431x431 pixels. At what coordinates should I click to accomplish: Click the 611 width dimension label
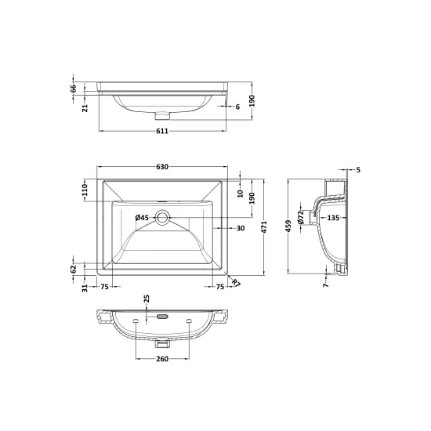click(x=162, y=131)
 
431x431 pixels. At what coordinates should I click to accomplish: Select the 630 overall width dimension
click(x=162, y=167)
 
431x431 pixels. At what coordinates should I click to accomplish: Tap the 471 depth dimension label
click(x=264, y=227)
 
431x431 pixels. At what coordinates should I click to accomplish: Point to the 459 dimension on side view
click(x=288, y=226)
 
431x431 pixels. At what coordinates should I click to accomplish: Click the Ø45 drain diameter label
click(x=142, y=218)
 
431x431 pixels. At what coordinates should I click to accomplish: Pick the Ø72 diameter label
click(x=301, y=217)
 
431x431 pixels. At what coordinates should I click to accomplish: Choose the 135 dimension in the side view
click(x=333, y=218)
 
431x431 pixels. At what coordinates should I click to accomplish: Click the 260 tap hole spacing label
click(x=162, y=359)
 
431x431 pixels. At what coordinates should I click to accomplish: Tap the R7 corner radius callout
click(x=236, y=282)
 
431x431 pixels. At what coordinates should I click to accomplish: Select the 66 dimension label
click(x=73, y=89)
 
